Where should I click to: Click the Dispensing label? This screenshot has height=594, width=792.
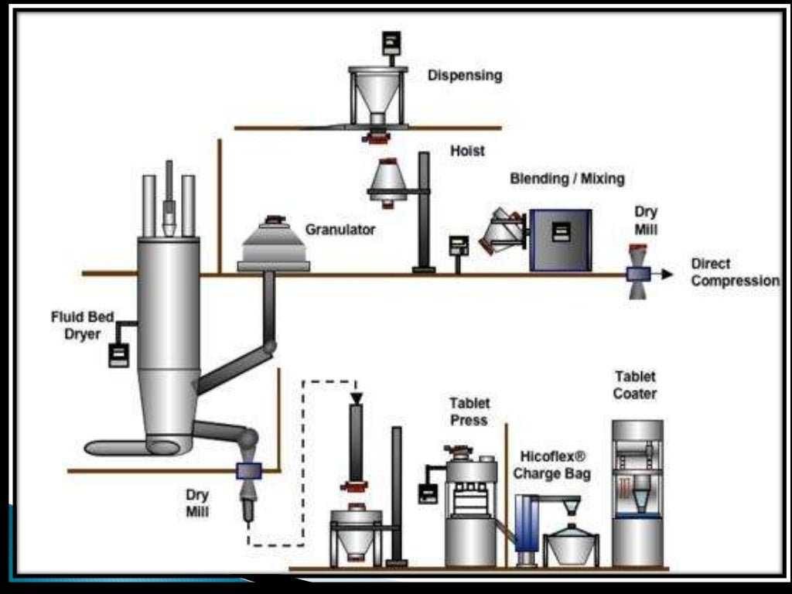click(465, 76)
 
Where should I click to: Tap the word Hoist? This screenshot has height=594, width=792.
click(467, 151)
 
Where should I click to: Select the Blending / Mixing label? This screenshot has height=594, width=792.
click(567, 179)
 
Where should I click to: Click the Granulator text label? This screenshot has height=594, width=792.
click(340, 230)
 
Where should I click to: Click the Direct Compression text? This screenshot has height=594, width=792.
click(735, 272)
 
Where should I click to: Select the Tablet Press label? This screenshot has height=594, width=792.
click(469, 411)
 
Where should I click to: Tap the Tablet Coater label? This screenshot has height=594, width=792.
click(635, 384)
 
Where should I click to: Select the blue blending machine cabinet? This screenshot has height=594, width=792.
click(560, 240)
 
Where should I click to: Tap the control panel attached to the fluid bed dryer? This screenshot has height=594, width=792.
click(118, 355)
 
